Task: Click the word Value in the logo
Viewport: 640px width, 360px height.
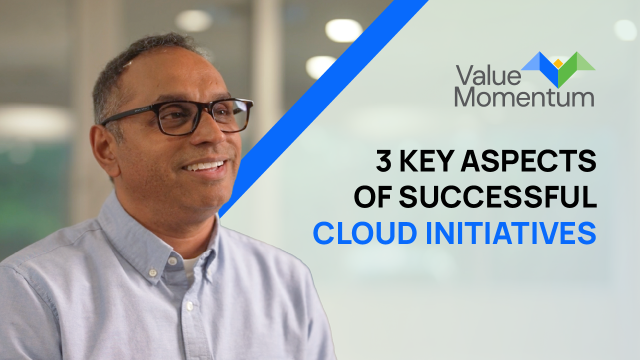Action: pos(488,75)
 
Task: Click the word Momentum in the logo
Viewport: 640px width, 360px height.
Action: pos(524,98)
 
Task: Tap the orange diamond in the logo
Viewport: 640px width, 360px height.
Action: pos(558,63)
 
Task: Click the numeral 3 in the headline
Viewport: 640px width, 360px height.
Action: pos(383,161)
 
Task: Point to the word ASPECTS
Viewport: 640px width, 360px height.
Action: pos(528,161)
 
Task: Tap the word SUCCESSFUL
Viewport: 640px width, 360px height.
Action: pos(498,197)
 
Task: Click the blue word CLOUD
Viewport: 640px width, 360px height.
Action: pos(365,233)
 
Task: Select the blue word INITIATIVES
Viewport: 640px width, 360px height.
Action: pos(511,233)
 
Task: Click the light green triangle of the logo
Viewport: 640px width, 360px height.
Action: pos(585,61)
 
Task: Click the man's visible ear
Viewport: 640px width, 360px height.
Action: pos(104,151)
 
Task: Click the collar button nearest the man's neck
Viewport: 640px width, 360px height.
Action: pos(172,260)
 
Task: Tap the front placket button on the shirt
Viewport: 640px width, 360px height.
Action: pos(189,306)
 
